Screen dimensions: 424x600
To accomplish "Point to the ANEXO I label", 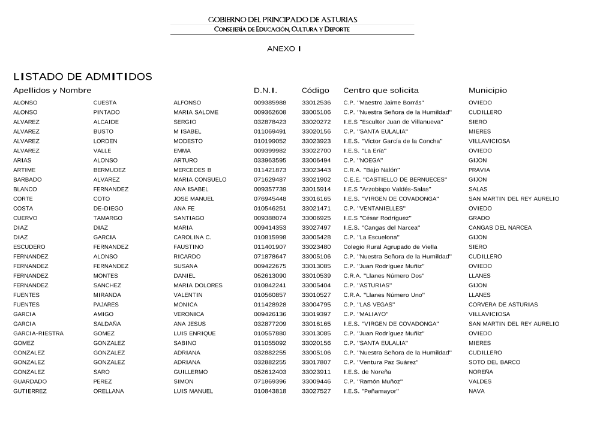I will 284,49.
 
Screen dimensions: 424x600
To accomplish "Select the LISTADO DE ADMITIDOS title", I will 83,77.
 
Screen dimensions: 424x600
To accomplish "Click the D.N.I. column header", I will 265,91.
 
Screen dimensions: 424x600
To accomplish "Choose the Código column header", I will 316,91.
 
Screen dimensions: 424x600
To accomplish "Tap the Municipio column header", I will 487,91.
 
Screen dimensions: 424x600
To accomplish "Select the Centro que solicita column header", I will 381,91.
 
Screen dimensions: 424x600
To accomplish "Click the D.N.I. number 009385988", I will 270,103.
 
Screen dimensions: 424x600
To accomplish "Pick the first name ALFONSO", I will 187,103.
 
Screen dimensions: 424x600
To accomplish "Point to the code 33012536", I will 316,103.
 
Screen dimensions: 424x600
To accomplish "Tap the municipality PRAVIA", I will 479,170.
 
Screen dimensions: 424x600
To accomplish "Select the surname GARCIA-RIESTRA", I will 38,333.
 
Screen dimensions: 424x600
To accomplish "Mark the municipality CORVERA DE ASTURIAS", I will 503,305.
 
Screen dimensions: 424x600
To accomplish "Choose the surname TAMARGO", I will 108,218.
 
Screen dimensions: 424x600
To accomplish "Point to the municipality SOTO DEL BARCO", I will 494,362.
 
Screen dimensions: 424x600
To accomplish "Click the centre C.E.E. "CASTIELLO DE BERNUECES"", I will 395,179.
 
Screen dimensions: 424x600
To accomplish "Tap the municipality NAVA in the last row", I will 476,391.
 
